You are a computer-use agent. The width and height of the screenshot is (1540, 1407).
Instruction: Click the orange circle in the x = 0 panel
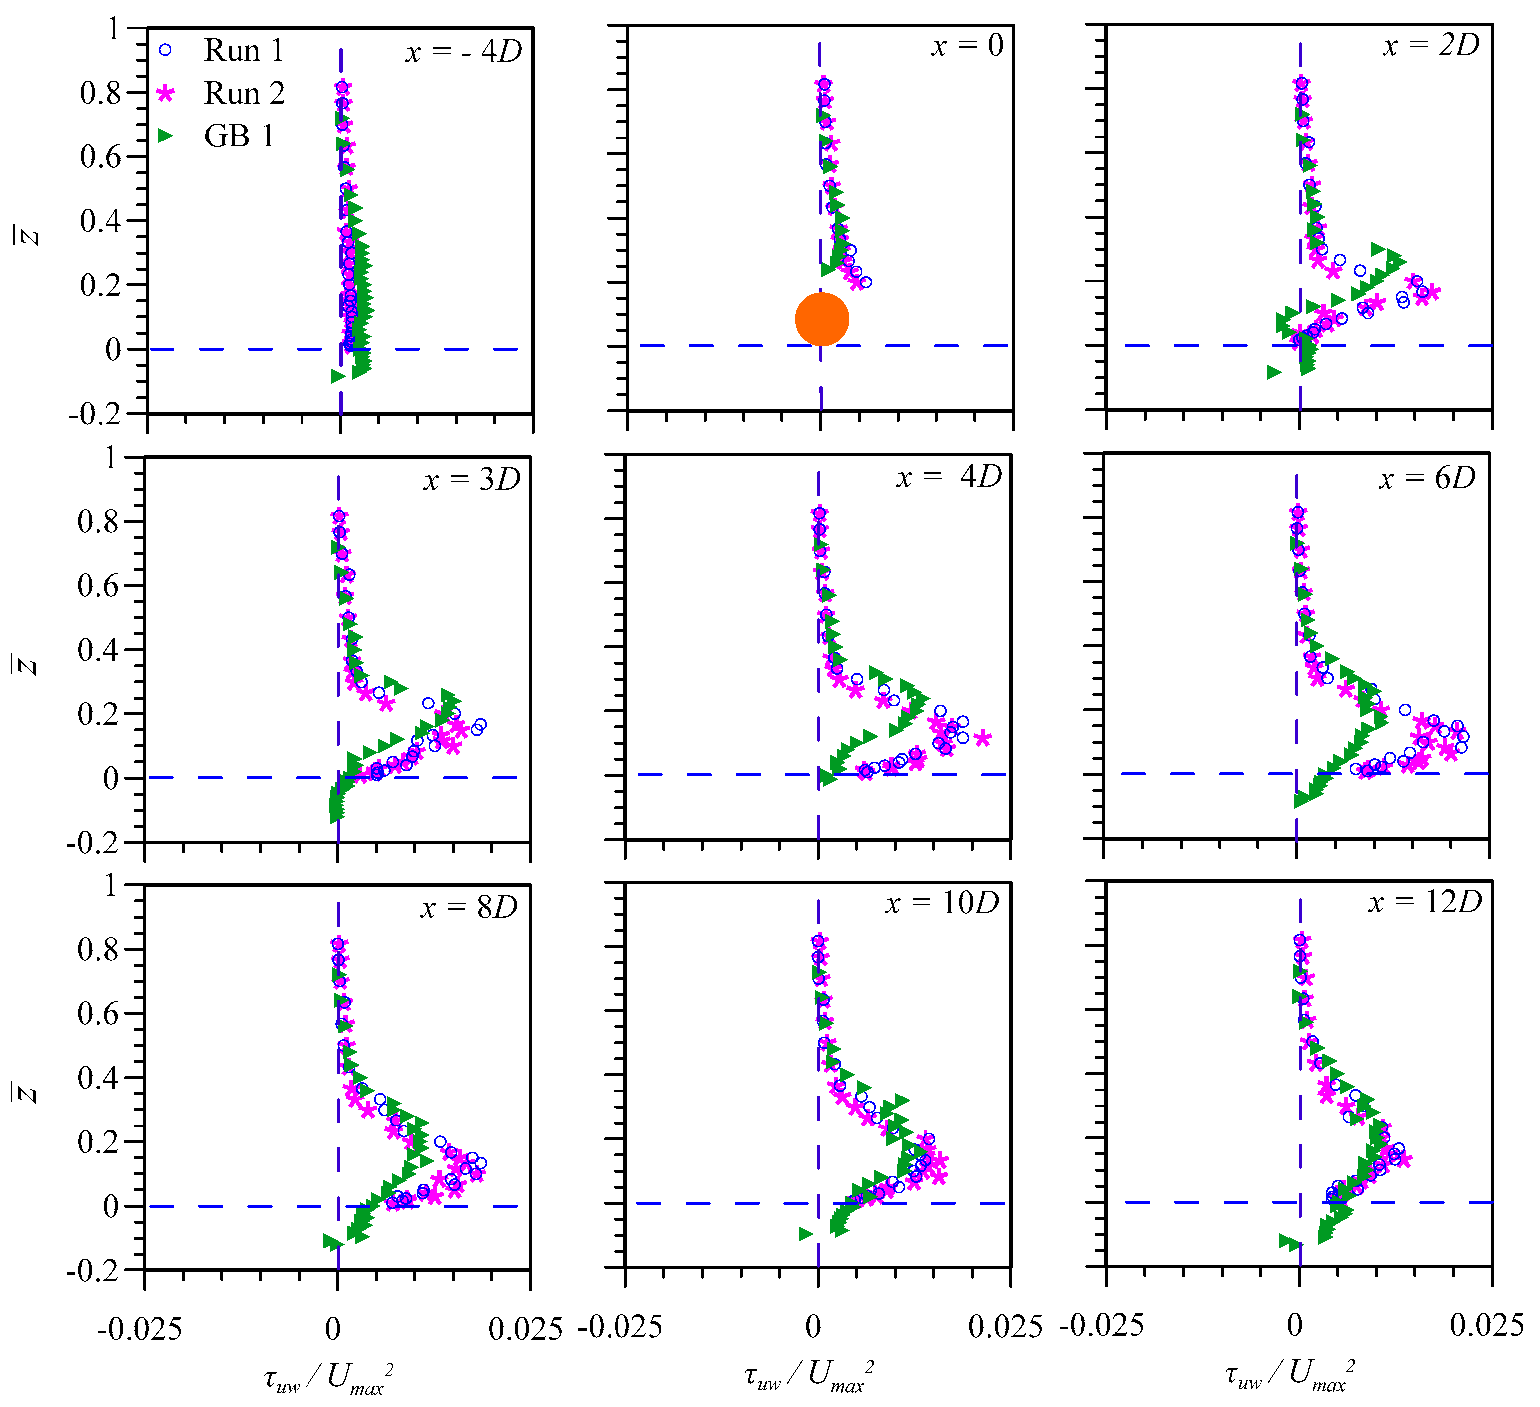822,319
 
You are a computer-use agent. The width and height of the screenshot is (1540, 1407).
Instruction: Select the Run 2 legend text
244,93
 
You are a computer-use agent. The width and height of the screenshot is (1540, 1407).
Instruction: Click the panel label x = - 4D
463,51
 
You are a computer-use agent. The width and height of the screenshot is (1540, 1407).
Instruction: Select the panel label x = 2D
1431,46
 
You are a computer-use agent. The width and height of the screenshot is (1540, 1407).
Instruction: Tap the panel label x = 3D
472,480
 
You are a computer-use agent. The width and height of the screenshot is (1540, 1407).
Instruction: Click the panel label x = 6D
1427,478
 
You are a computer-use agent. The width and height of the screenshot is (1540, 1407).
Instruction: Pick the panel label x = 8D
469,907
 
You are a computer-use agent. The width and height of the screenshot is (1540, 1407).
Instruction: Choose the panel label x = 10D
942,904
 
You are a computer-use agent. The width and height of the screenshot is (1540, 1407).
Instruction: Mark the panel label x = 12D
1424,902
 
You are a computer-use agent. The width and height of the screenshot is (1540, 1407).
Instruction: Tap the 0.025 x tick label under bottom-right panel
1486,1326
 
